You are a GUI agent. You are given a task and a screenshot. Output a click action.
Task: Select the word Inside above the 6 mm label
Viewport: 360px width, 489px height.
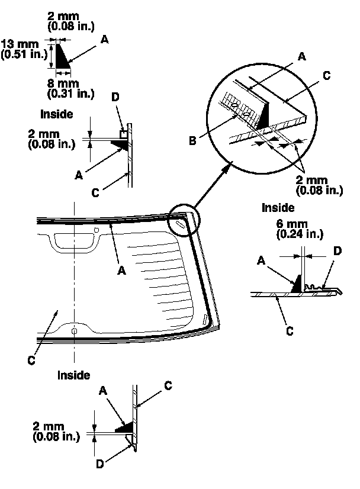(x=278, y=208)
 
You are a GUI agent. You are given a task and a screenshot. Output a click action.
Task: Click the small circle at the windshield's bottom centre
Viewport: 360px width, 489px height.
(x=73, y=331)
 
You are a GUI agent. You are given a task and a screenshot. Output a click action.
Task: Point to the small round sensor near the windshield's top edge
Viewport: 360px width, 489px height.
(x=97, y=229)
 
